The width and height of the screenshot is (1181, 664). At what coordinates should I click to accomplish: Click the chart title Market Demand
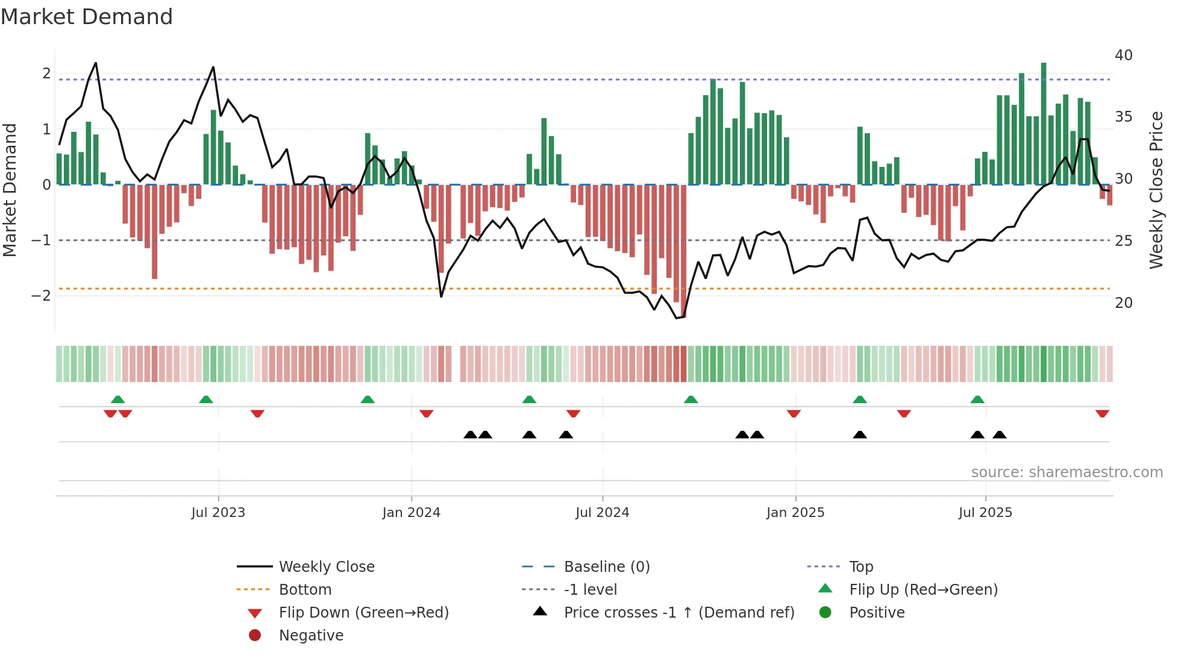(x=87, y=17)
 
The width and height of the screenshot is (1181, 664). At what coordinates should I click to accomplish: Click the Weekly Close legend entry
(x=326, y=566)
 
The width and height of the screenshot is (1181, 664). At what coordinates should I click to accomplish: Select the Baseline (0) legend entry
(x=606, y=566)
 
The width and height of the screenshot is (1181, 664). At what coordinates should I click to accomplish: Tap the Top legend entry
(x=860, y=566)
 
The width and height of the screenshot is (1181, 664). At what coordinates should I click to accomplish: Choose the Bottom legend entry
(x=305, y=589)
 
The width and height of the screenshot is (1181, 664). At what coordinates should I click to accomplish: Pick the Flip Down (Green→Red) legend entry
(x=363, y=612)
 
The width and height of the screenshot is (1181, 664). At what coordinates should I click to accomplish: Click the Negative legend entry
(x=311, y=635)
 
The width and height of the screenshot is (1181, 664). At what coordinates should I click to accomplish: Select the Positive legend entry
(x=876, y=612)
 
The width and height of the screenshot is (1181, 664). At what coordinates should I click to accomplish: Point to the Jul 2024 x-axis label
(x=602, y=513)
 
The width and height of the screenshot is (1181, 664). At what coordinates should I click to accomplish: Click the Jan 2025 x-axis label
(x=795, y=513)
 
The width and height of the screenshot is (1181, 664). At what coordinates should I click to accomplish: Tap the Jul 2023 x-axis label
(x=218, y=513)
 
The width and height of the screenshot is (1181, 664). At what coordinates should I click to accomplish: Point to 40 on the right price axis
(x=1123, y=55)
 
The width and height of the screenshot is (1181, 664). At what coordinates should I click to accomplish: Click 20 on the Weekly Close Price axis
(x=1123, y=302)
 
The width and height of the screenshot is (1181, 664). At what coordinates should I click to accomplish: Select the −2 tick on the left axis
(x=41, y=295)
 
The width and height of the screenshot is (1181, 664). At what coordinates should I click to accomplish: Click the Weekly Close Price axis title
(x=1156, y=190)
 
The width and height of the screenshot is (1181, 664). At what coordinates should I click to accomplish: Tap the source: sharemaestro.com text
(x=1067, y=472)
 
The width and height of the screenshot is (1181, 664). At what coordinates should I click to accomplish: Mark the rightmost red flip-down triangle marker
(x=1102, y=414)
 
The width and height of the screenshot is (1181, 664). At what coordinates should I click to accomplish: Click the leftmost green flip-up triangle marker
(x=118, y=399)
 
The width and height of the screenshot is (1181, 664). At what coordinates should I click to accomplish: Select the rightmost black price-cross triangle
(x=1000, y=434)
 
